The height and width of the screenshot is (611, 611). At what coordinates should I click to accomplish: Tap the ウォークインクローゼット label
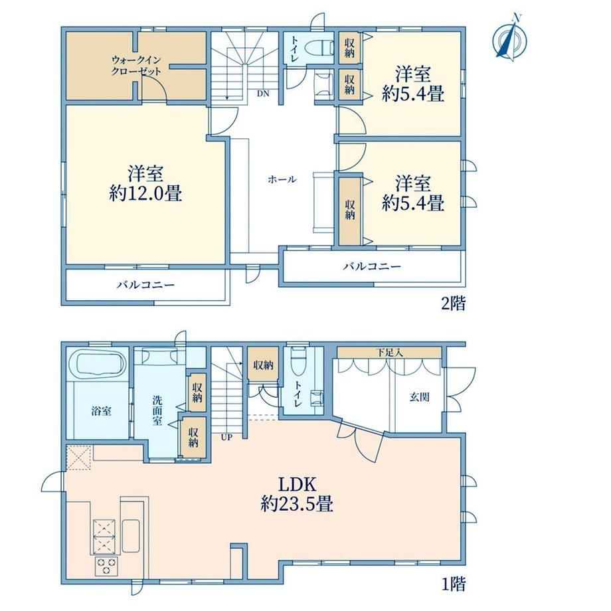pos(136,66)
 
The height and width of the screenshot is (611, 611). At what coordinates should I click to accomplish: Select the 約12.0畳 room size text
pos(145,193)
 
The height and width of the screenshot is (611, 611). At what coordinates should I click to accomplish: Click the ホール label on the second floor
pos(282,179)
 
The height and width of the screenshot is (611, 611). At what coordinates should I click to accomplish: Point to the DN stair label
pos(262,94)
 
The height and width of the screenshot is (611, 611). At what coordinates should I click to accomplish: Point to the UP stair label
pos(226,437)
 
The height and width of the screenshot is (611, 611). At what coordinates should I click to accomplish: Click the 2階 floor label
pos(453,303)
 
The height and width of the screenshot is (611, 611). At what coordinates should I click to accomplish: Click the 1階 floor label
pos(453,584)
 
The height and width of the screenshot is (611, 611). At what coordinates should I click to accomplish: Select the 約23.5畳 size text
pos(297,505)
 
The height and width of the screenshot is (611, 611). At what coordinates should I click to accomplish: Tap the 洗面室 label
pos(157,410)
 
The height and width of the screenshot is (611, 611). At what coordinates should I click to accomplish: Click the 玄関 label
pos(419,397)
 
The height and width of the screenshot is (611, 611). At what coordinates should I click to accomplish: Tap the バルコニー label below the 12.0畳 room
pos(145,285)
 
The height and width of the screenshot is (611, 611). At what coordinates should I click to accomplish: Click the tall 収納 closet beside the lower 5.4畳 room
pos(349,211)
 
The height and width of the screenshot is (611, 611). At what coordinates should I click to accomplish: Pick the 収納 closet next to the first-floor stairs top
pos(264,365)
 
